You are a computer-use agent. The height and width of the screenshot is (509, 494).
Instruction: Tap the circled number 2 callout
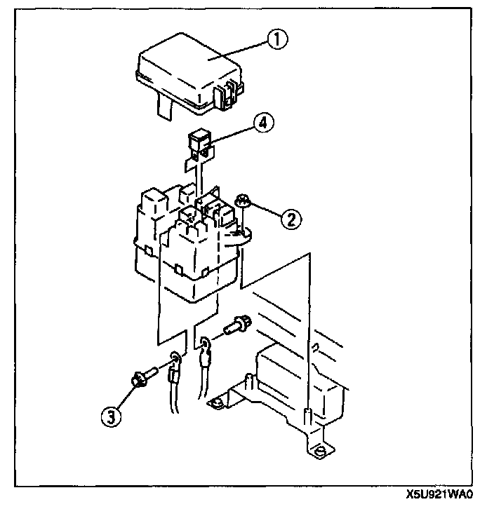click(x=291, y=219)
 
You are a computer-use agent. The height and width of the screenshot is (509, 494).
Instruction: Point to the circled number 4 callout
click(x=263, y=123)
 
